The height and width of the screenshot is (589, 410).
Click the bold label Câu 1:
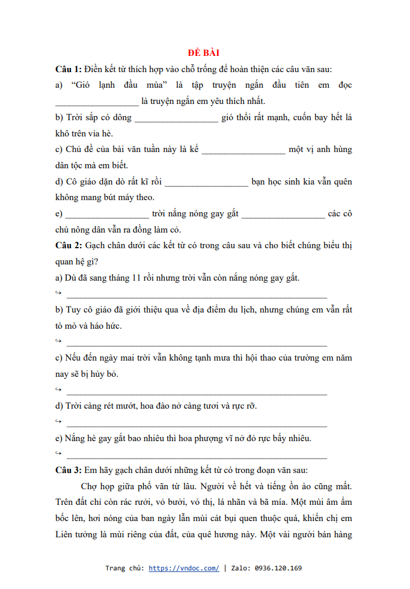click(x=68, y=69)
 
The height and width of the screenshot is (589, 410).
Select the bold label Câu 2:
click(x=68, y=246)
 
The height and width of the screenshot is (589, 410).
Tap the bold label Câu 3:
click(x=68, y=471)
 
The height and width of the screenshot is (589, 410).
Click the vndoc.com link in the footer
click(x=183, y=568)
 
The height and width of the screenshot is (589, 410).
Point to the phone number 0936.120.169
click(x=278, y=568)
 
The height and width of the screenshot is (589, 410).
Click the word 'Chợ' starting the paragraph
click(x=89, y=487)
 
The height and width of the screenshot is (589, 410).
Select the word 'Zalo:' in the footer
click(x=240, y=568)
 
